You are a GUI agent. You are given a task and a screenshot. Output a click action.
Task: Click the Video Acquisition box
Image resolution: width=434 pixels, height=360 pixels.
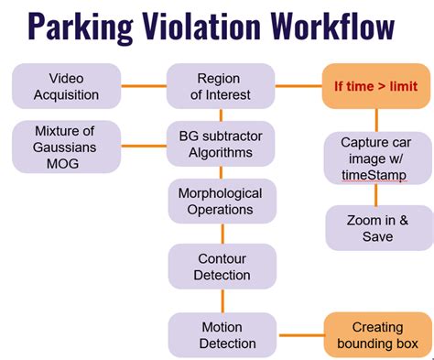pos(66,86)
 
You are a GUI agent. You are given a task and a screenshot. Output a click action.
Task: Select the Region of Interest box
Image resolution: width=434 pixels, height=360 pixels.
pos(222,86)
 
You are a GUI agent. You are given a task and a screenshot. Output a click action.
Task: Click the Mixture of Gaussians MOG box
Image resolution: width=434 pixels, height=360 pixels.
pos(66,147)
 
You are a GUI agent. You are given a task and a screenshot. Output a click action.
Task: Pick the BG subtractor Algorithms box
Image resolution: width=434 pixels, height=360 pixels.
pos(222,144)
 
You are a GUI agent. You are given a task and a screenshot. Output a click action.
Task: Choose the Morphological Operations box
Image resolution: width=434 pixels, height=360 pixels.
pos(222,201)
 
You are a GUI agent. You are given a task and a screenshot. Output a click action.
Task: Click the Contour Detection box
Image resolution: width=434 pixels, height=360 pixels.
pos(222,266)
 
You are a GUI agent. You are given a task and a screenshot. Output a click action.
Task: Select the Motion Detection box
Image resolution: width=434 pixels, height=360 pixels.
pos(222,334)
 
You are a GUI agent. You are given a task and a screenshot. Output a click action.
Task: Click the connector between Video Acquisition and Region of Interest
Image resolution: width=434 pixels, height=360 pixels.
pos(144,86)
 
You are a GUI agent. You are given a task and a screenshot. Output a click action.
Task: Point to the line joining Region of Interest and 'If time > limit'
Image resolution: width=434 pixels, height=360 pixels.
pos(299,86)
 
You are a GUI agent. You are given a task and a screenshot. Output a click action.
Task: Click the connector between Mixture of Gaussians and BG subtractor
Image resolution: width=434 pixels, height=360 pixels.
pos(144,144)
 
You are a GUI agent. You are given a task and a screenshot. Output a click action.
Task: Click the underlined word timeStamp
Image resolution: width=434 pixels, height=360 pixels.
pos(371,174)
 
